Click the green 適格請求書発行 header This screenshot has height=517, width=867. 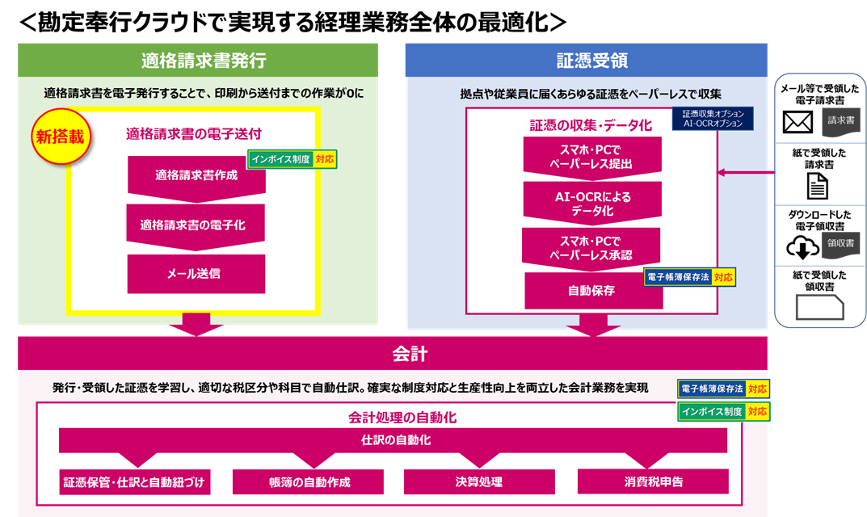pyautogui.click(x=198, y=61)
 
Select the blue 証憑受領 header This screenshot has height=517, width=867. pyautogui.click(x=586, y=61)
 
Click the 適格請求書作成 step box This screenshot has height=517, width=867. pyautogui.click(x=196, y=174)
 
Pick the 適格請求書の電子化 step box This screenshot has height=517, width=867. pyautogui.click(x=196, y=225)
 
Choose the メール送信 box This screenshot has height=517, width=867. pyautogui.click(x=196, y=274)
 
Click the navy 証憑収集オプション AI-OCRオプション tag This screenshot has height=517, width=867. pyautogui.click(x=713, y=119)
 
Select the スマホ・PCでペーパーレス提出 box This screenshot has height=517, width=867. pyautogui.click(x=592, y=155)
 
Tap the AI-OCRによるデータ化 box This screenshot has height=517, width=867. pyautogui.click(x=592, y=201)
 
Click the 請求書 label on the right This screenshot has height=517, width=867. pyautogui.click(x=840, y=120)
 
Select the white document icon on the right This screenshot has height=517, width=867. pyautogui.click(x=818, y=186)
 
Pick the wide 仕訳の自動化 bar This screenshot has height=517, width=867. pyautogui.click(x=393, y=440)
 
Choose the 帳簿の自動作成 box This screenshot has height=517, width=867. pyautogui.click(x=315, y=482)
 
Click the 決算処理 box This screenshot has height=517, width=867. pyautogui.click(x=479, y=482)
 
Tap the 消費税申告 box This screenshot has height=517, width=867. pyautogui.click(x=653, y=481)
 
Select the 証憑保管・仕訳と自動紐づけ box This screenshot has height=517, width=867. pyautogui.click(x=136, y=482)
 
